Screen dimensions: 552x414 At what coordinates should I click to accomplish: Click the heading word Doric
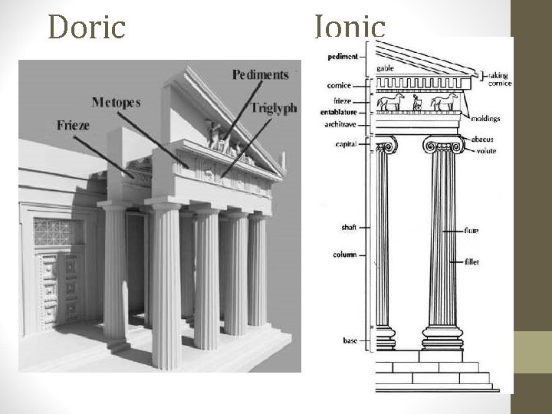[85, 27]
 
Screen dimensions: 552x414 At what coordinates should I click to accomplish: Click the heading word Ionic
[349, 27]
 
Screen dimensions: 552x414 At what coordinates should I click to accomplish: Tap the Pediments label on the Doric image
[260, 74]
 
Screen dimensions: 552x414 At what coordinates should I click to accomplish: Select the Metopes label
[116, 102]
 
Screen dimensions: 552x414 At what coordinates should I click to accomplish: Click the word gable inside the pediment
[385, 68]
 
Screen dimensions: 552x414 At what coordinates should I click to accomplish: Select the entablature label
[340, 112]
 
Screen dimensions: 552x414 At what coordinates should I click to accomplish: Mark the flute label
[471, 230]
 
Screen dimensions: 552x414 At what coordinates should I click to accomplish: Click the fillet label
[471, 261]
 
